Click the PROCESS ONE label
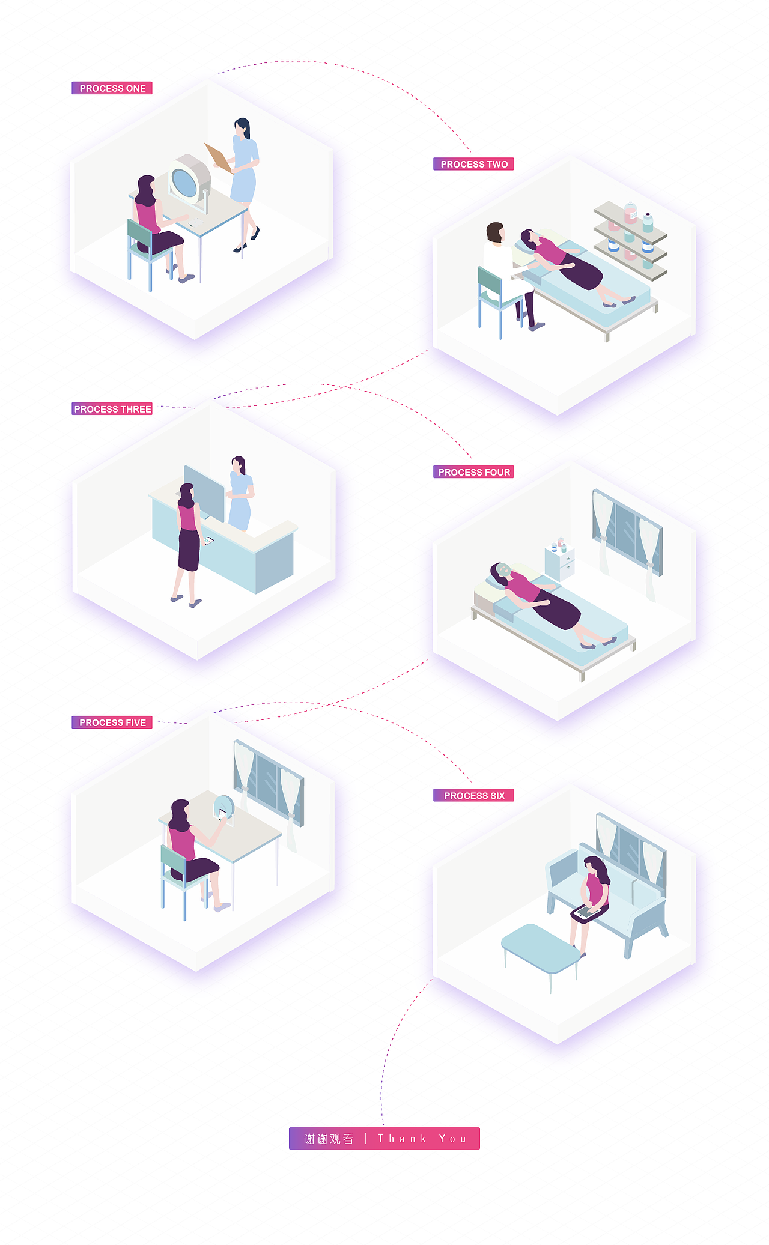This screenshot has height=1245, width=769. pyautogui.click(x=112, y=88)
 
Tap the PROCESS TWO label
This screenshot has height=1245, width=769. pyautogui.click(x=473, y=164)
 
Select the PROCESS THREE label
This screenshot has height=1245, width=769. pyautogui.click(x=112, y=409)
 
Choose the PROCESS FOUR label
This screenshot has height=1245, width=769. pyautogui.click(x=473, y=472)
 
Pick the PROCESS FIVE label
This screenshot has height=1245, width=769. pyautogui.click(x=112, y=722)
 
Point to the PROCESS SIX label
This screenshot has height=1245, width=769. pyautogui.click(x=473, y=795)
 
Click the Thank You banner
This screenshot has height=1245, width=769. pyautogui.click(x=384, y=1139)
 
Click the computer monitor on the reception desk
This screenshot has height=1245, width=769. pyautogui.click(x=204, y=493)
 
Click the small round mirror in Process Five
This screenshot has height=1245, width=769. pyautogui.click(x=223, y=807)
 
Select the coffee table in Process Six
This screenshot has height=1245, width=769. pyautogui.click(x=541, y=950)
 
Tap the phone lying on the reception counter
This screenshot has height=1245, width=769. pyautogui.click(x=208, y=541)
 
